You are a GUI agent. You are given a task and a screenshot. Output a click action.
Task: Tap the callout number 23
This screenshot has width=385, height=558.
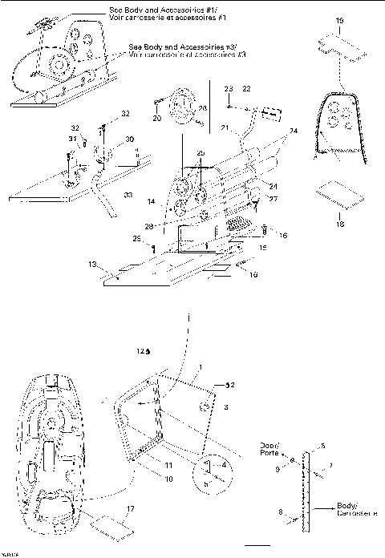pos(228,87)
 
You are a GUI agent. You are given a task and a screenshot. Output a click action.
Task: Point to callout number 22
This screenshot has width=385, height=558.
pos(247,87)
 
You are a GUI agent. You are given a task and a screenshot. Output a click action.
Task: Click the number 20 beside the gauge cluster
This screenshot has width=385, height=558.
pos(156,118)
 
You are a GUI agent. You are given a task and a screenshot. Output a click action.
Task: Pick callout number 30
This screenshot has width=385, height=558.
pos(130,139)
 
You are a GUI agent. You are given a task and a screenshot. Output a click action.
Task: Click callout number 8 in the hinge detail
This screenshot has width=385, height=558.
pos(302,509)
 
